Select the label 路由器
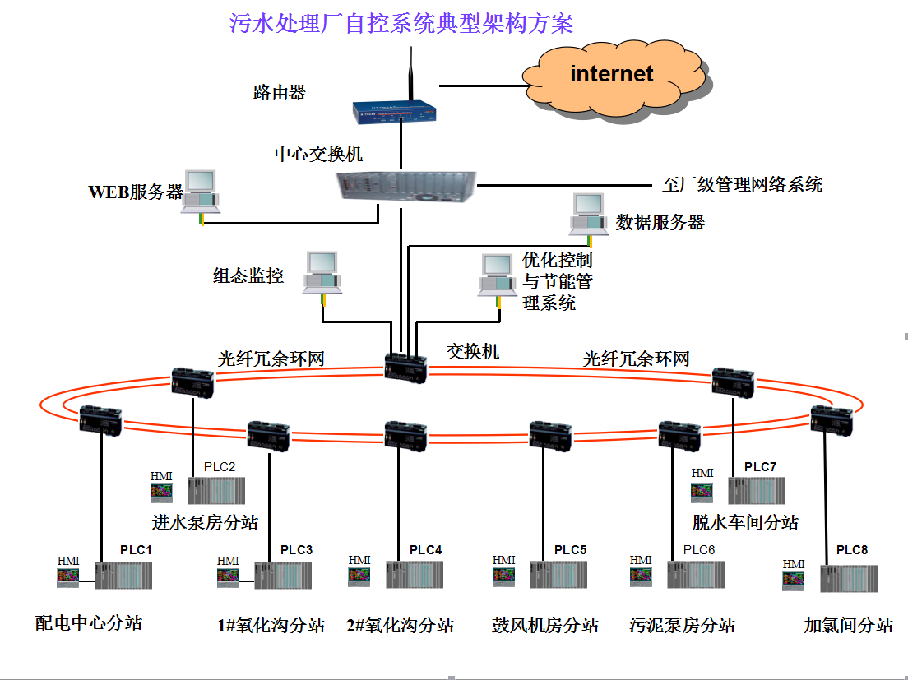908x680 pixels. tap(280, 93)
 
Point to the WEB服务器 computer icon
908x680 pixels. tap(200, 192)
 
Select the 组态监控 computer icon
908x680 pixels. tap(322, 272)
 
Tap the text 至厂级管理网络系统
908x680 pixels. tap(742, 184)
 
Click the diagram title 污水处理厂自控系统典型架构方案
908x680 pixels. tap(401, 24)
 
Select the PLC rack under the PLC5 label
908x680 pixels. tap(558, 574)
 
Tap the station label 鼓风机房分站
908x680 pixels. tap(545, 625)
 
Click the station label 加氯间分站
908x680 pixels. tap(848, 625)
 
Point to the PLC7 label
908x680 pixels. tap(760, 467)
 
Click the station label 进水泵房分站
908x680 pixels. tap(205, 522)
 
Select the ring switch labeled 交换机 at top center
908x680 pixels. tap(405, 368)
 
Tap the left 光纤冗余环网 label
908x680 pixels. tap(271, 359)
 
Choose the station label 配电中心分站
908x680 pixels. tap(89, 623)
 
